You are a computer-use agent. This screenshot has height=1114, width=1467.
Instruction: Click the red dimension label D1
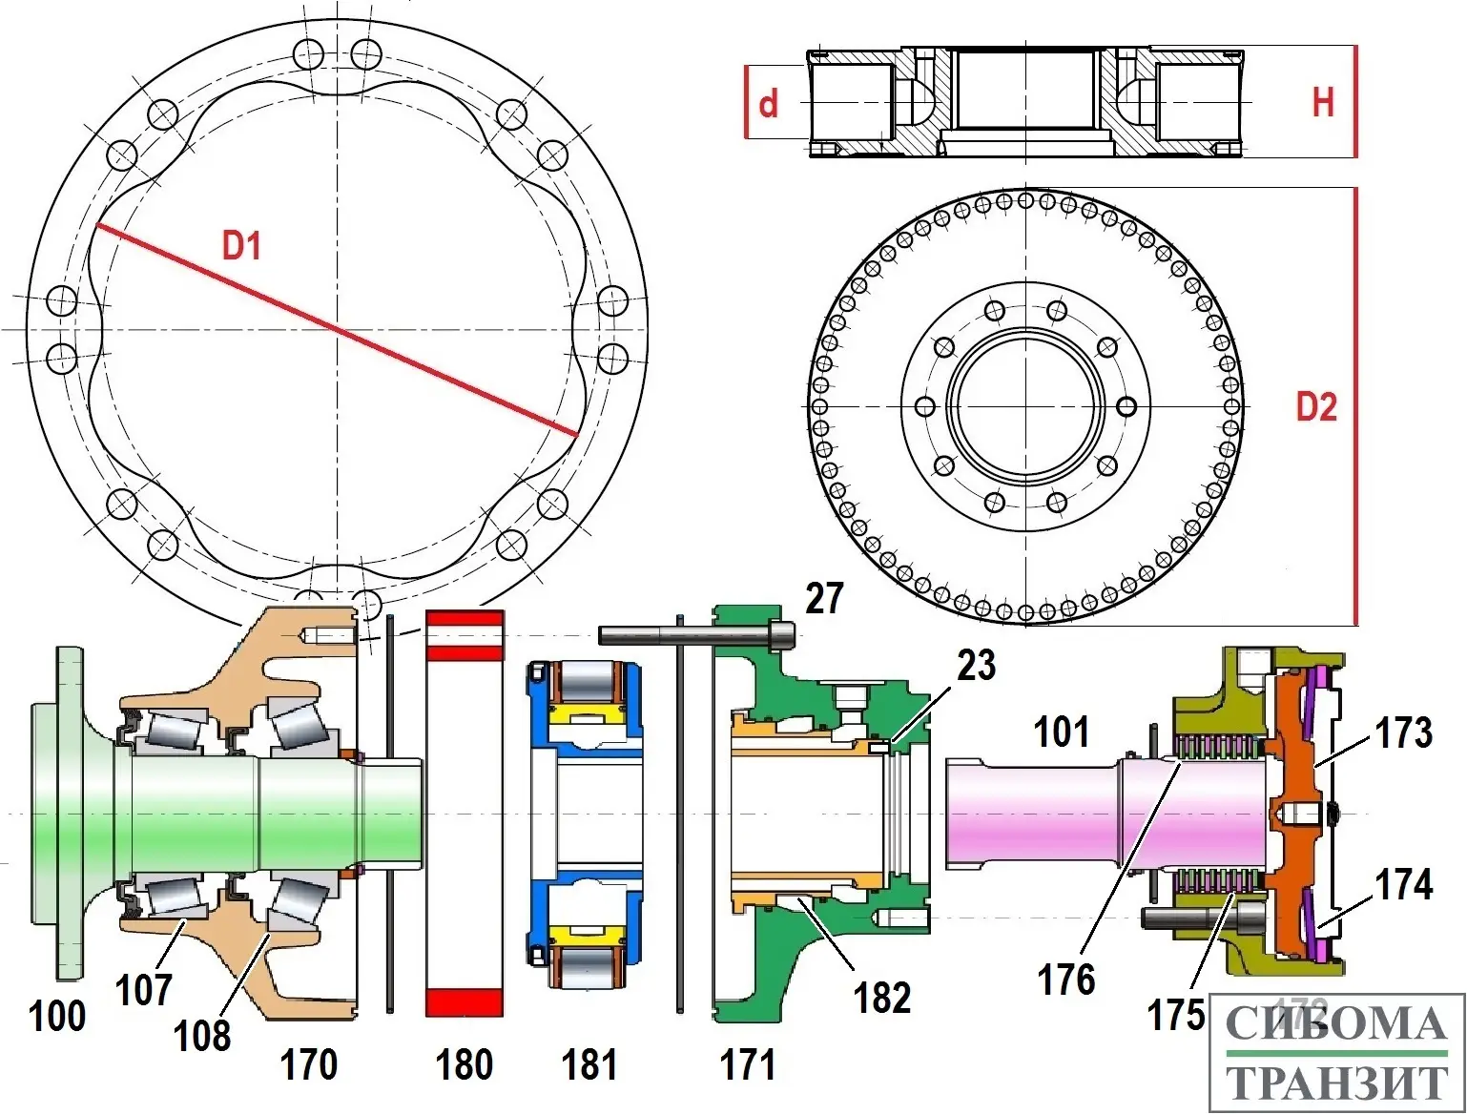tap(241, 246)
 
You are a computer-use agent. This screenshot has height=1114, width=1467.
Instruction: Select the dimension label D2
tap(1316, 407)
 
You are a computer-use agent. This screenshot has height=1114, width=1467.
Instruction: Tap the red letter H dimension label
tap(1323, 102)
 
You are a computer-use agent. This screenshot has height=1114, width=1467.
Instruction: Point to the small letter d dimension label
tap(768, 103)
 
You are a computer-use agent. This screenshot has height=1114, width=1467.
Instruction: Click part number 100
tap(57, 1016)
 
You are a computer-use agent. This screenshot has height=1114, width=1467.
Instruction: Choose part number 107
tap(144, 990)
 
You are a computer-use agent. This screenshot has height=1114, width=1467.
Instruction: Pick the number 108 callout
tap(202, 1035)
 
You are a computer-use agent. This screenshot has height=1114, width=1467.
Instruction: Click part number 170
tap(308, 1064)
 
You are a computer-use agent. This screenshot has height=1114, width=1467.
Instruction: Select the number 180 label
tap(464, 1064)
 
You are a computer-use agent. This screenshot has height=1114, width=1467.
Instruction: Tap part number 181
tap(589, 1064)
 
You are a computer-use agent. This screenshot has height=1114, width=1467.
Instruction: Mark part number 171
tap(747, 1064)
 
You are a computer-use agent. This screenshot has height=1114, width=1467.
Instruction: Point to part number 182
tap(882, 998)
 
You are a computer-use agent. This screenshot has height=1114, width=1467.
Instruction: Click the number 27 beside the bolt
tap(824, 598)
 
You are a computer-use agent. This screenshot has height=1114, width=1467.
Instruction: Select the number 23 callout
tap(976, 666)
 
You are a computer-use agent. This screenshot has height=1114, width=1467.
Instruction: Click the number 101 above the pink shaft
tap(1062, 732)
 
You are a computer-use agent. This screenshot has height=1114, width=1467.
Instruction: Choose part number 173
tap(1403, 732)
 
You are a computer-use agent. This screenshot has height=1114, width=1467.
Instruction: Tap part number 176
tap(1066, 980)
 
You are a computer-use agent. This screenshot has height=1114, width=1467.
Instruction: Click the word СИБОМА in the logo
tap(1336, 1025)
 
